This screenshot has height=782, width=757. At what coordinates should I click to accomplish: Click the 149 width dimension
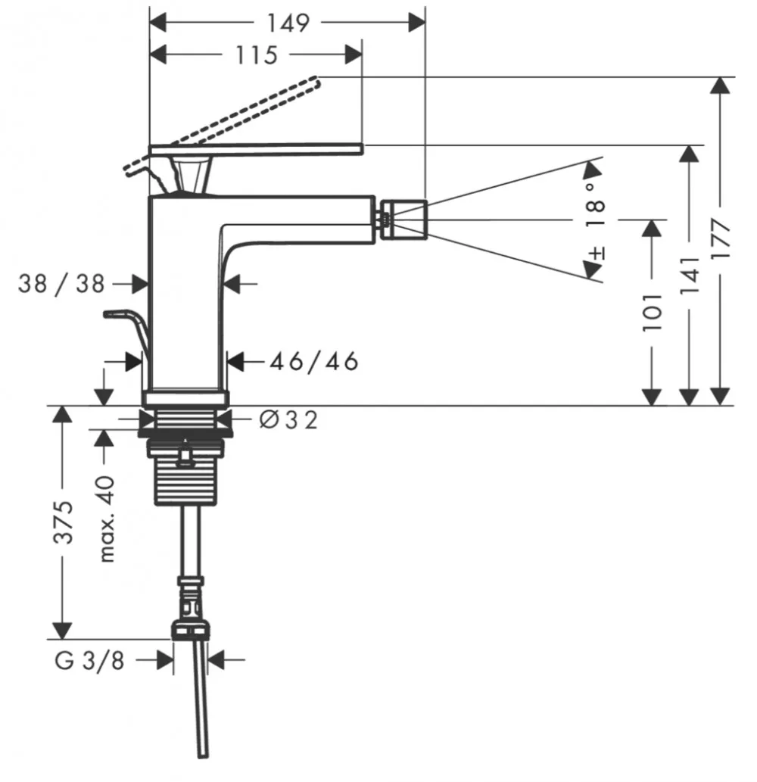[288, 23]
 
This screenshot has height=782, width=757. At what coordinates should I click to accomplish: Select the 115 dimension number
[256, 55]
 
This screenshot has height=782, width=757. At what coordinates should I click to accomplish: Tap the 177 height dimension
[720, 238]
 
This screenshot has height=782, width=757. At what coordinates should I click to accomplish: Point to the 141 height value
[690, 274]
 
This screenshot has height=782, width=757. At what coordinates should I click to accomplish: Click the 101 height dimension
[652, 312]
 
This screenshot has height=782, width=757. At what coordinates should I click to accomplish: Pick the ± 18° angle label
[596, 221]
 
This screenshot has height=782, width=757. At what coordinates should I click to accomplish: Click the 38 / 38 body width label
[61, 284]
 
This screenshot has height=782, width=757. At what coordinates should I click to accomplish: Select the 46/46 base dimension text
[314, 361]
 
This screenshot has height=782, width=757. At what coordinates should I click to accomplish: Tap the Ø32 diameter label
[288, 420]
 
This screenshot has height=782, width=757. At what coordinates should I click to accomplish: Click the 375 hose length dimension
[64, 522]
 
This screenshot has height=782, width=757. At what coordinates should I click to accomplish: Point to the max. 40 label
[107, 519]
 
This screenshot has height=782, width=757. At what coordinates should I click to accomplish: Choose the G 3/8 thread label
[89, 661]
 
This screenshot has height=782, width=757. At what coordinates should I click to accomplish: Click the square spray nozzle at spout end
[403, 220]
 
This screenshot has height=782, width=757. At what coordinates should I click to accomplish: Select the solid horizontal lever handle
[257, 148]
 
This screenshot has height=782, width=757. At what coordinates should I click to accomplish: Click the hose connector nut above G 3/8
[191, 629]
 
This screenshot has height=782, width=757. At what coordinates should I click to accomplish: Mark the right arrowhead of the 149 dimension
[417, 23]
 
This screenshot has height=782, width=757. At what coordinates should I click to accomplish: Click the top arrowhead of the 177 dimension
[720, 86]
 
